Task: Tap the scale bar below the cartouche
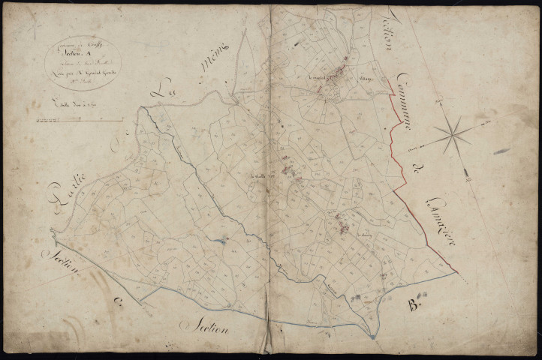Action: [x=83, y=117]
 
